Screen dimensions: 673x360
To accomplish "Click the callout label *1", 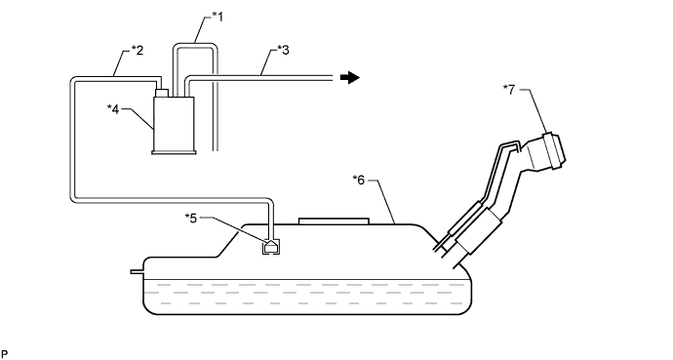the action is point(218,17).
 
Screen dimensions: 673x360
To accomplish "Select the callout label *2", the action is point(137,50).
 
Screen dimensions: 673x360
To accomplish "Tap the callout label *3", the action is point(283,50).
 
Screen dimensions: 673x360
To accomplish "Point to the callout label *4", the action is point(113,109).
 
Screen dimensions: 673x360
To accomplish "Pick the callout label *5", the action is point(190,218).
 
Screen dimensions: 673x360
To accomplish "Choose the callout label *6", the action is point(358,180).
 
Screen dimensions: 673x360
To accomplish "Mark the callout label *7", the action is point(509,90).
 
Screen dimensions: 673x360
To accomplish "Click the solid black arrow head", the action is point(350,78).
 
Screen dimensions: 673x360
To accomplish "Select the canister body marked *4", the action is point(174,123).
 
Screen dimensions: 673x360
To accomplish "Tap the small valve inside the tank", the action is point(271,246).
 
